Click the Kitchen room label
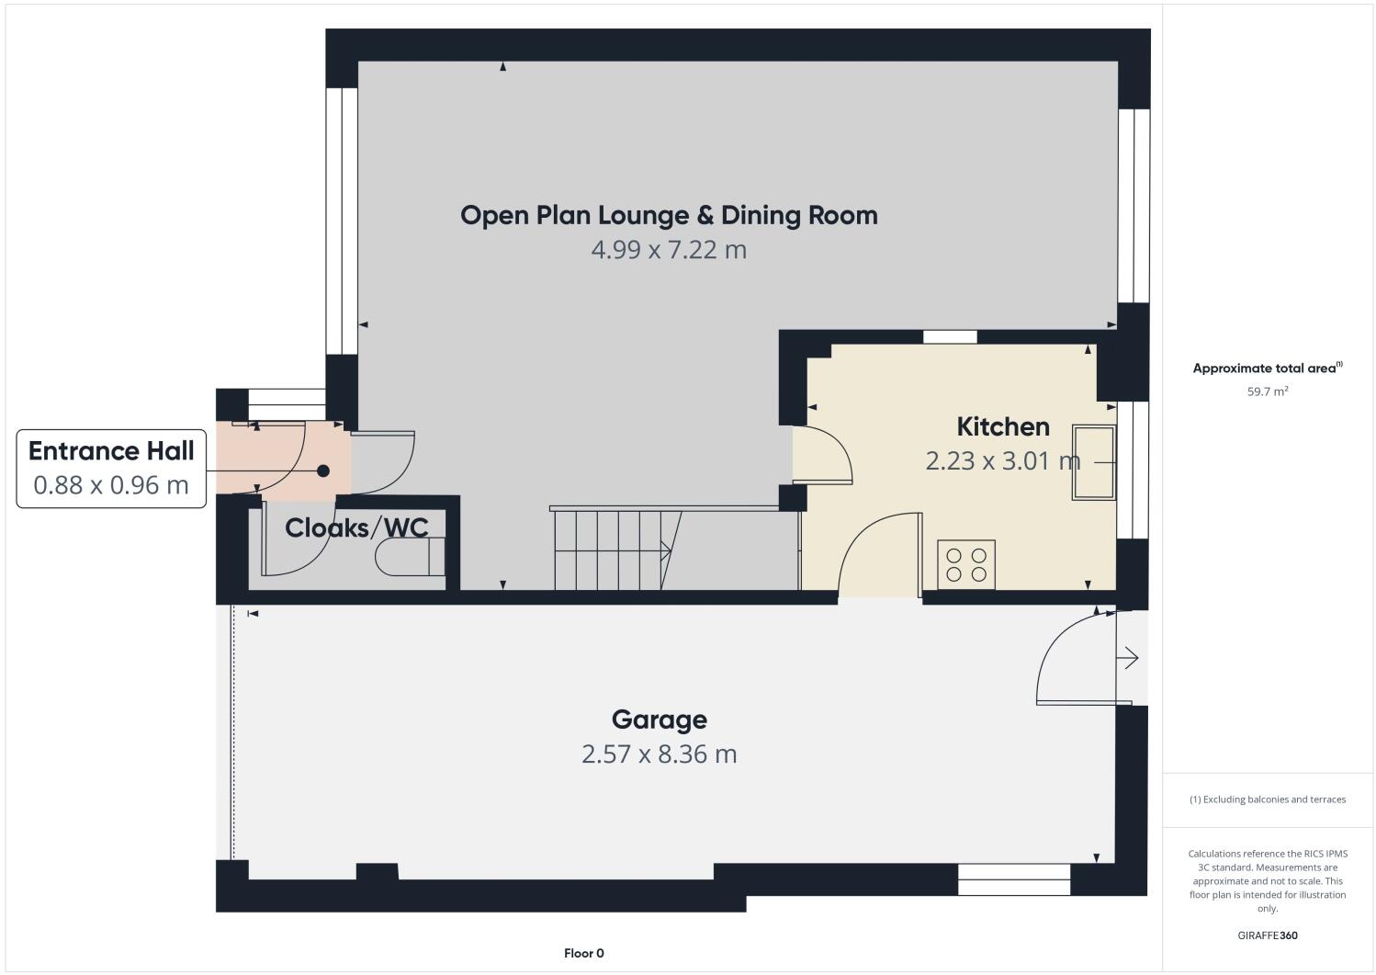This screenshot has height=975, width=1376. coord(1002,426)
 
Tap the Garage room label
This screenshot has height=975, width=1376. coord(659,720)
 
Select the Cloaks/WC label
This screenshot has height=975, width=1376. coord(356,527)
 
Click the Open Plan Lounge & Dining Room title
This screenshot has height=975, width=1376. coord(669,215)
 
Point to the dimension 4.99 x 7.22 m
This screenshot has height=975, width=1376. coord(669,249)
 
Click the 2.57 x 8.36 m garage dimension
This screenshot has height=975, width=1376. coord(659,754)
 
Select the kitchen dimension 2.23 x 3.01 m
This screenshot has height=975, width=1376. coord(1002,460)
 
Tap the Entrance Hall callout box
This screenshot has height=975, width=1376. coord(111,467)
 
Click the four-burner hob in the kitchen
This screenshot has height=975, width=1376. coord(965,564)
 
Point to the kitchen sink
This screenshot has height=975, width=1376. coord(1093,462)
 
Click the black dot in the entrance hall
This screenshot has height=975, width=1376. coord(322,470)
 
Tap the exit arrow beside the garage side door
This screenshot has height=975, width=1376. coord(1128,658)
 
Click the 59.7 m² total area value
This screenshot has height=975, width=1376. coord(1267,391)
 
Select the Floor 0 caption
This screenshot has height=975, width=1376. coord(583,953)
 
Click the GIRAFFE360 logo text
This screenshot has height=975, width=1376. coord(1267,935)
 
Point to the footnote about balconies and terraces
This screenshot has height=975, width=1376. coord(1267,799)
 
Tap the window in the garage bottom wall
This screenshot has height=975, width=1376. coord(1014,879)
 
